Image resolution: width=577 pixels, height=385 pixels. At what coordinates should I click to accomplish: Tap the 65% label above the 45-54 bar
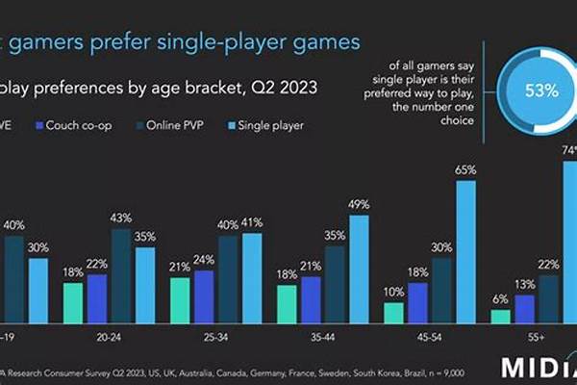(466, 169)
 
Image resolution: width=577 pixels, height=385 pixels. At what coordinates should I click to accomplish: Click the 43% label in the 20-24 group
(121, 218)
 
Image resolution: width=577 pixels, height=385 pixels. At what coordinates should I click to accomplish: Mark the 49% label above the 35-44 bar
(359, 204)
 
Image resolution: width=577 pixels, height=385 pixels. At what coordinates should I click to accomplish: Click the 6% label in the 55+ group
(499, 298)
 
